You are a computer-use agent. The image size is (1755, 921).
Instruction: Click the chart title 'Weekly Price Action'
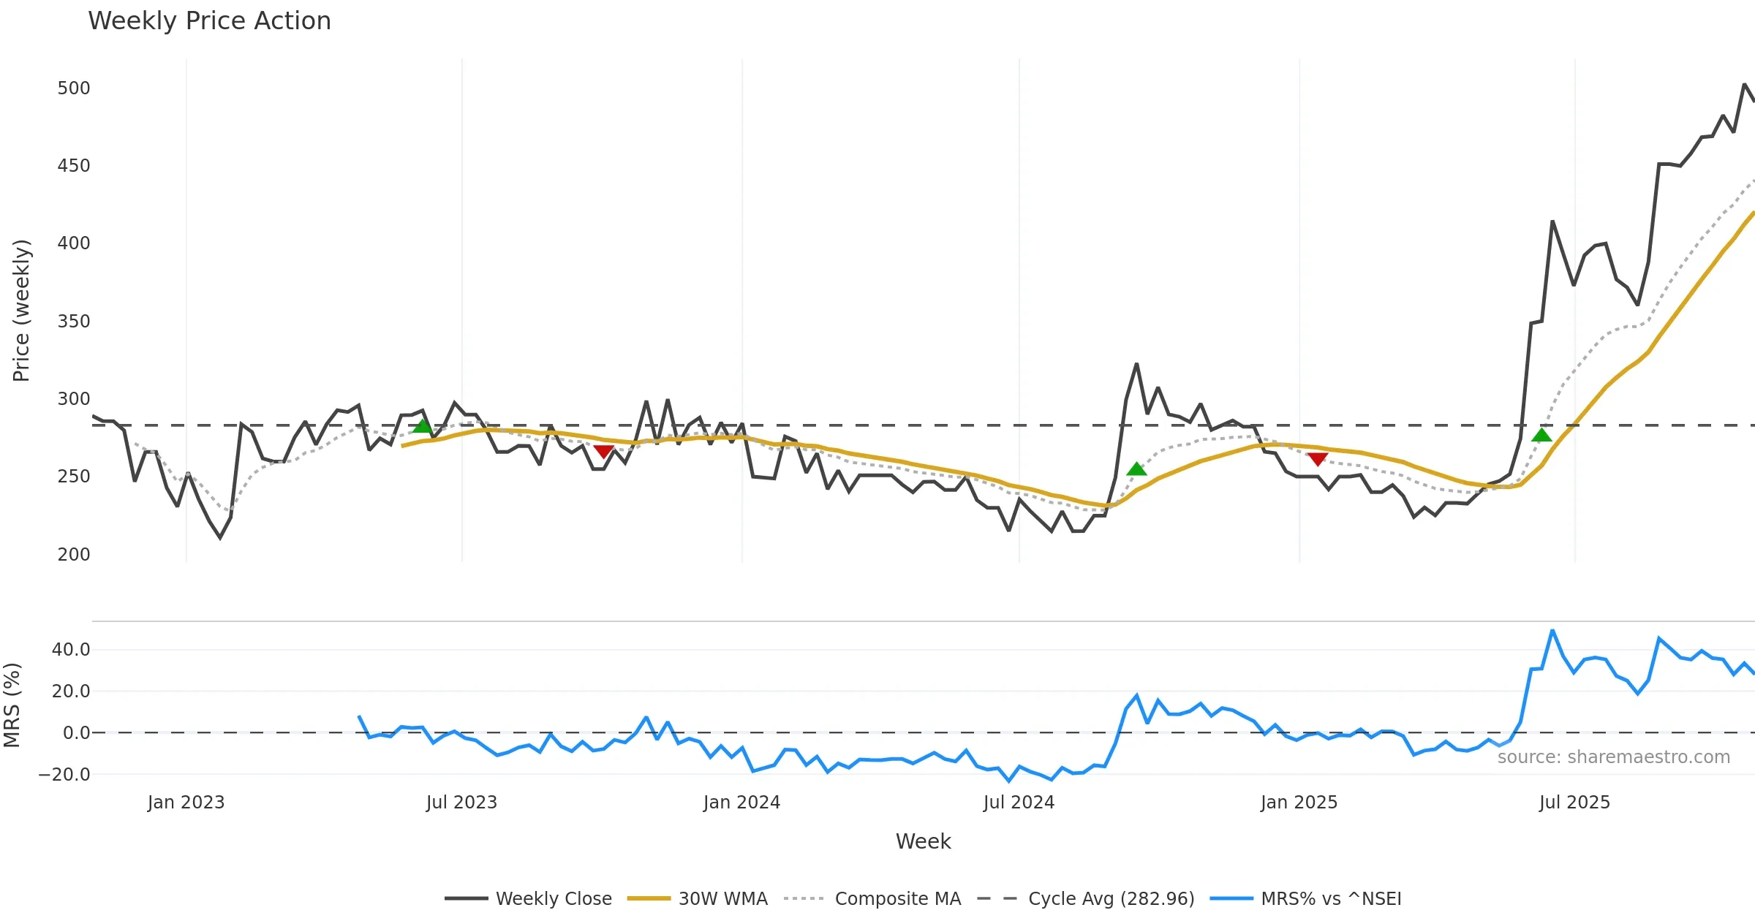click(209, 21)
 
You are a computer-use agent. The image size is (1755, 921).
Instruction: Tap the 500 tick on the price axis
click(74, 88)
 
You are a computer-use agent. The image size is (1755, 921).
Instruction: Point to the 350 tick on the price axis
click(74, 322)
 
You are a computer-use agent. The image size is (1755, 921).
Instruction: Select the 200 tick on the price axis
click(74, 555)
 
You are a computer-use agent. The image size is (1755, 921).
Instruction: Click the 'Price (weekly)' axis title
click(21, 311)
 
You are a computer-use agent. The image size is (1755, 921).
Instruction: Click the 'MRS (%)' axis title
click(12, 705)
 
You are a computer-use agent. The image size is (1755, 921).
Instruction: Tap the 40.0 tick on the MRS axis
click(71, 650)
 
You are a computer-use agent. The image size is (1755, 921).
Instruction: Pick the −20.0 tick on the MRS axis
click(64, 775)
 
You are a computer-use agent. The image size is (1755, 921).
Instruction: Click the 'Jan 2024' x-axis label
click(741, 803)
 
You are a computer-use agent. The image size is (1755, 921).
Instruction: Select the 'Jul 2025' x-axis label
click(1574, 803)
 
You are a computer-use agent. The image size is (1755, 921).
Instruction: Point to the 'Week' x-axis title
click(923, 842)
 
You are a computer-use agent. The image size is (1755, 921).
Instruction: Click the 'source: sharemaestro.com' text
click(1613, 757)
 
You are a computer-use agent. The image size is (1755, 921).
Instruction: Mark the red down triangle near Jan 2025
click(1317, 459)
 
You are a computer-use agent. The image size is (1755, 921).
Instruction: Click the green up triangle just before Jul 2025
click(1541, 436)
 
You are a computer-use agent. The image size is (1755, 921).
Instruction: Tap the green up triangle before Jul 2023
click(422, 426)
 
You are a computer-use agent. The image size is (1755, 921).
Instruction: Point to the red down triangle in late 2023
click(603, 452)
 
